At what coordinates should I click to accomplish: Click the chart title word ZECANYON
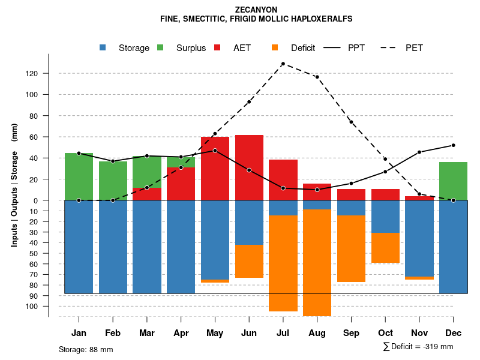pos(256,10)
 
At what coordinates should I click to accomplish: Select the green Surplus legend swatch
pos(160,47)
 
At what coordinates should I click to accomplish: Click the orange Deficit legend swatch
pos(275,47)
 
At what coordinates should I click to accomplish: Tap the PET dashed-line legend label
pos(414,47)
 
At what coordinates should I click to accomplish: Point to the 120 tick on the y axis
pos(48,73)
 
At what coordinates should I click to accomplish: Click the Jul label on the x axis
pos(283,333)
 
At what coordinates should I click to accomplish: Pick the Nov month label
pos(419,333)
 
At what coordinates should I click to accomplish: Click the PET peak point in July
pos(283,64)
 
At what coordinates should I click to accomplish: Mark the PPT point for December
pos(453,145)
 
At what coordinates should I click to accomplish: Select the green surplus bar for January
pos(79,176)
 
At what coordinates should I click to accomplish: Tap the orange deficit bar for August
pos(317,262)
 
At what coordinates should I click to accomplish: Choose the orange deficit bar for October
pos(385,247)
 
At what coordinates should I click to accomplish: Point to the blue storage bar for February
pos(113,247)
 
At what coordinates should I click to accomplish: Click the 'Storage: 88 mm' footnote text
pos(86,349)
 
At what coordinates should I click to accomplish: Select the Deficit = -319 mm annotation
pos(418,347)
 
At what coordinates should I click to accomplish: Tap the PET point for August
pos(317,77)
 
